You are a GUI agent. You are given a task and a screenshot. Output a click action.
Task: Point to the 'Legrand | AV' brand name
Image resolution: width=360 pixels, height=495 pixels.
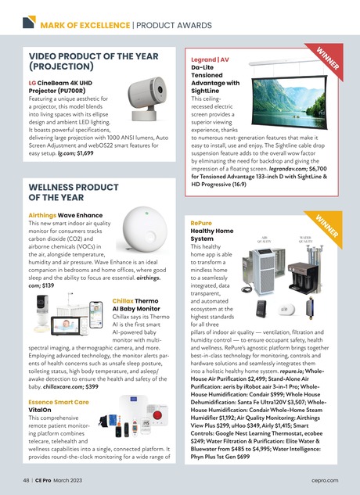[x=211, y=59]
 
